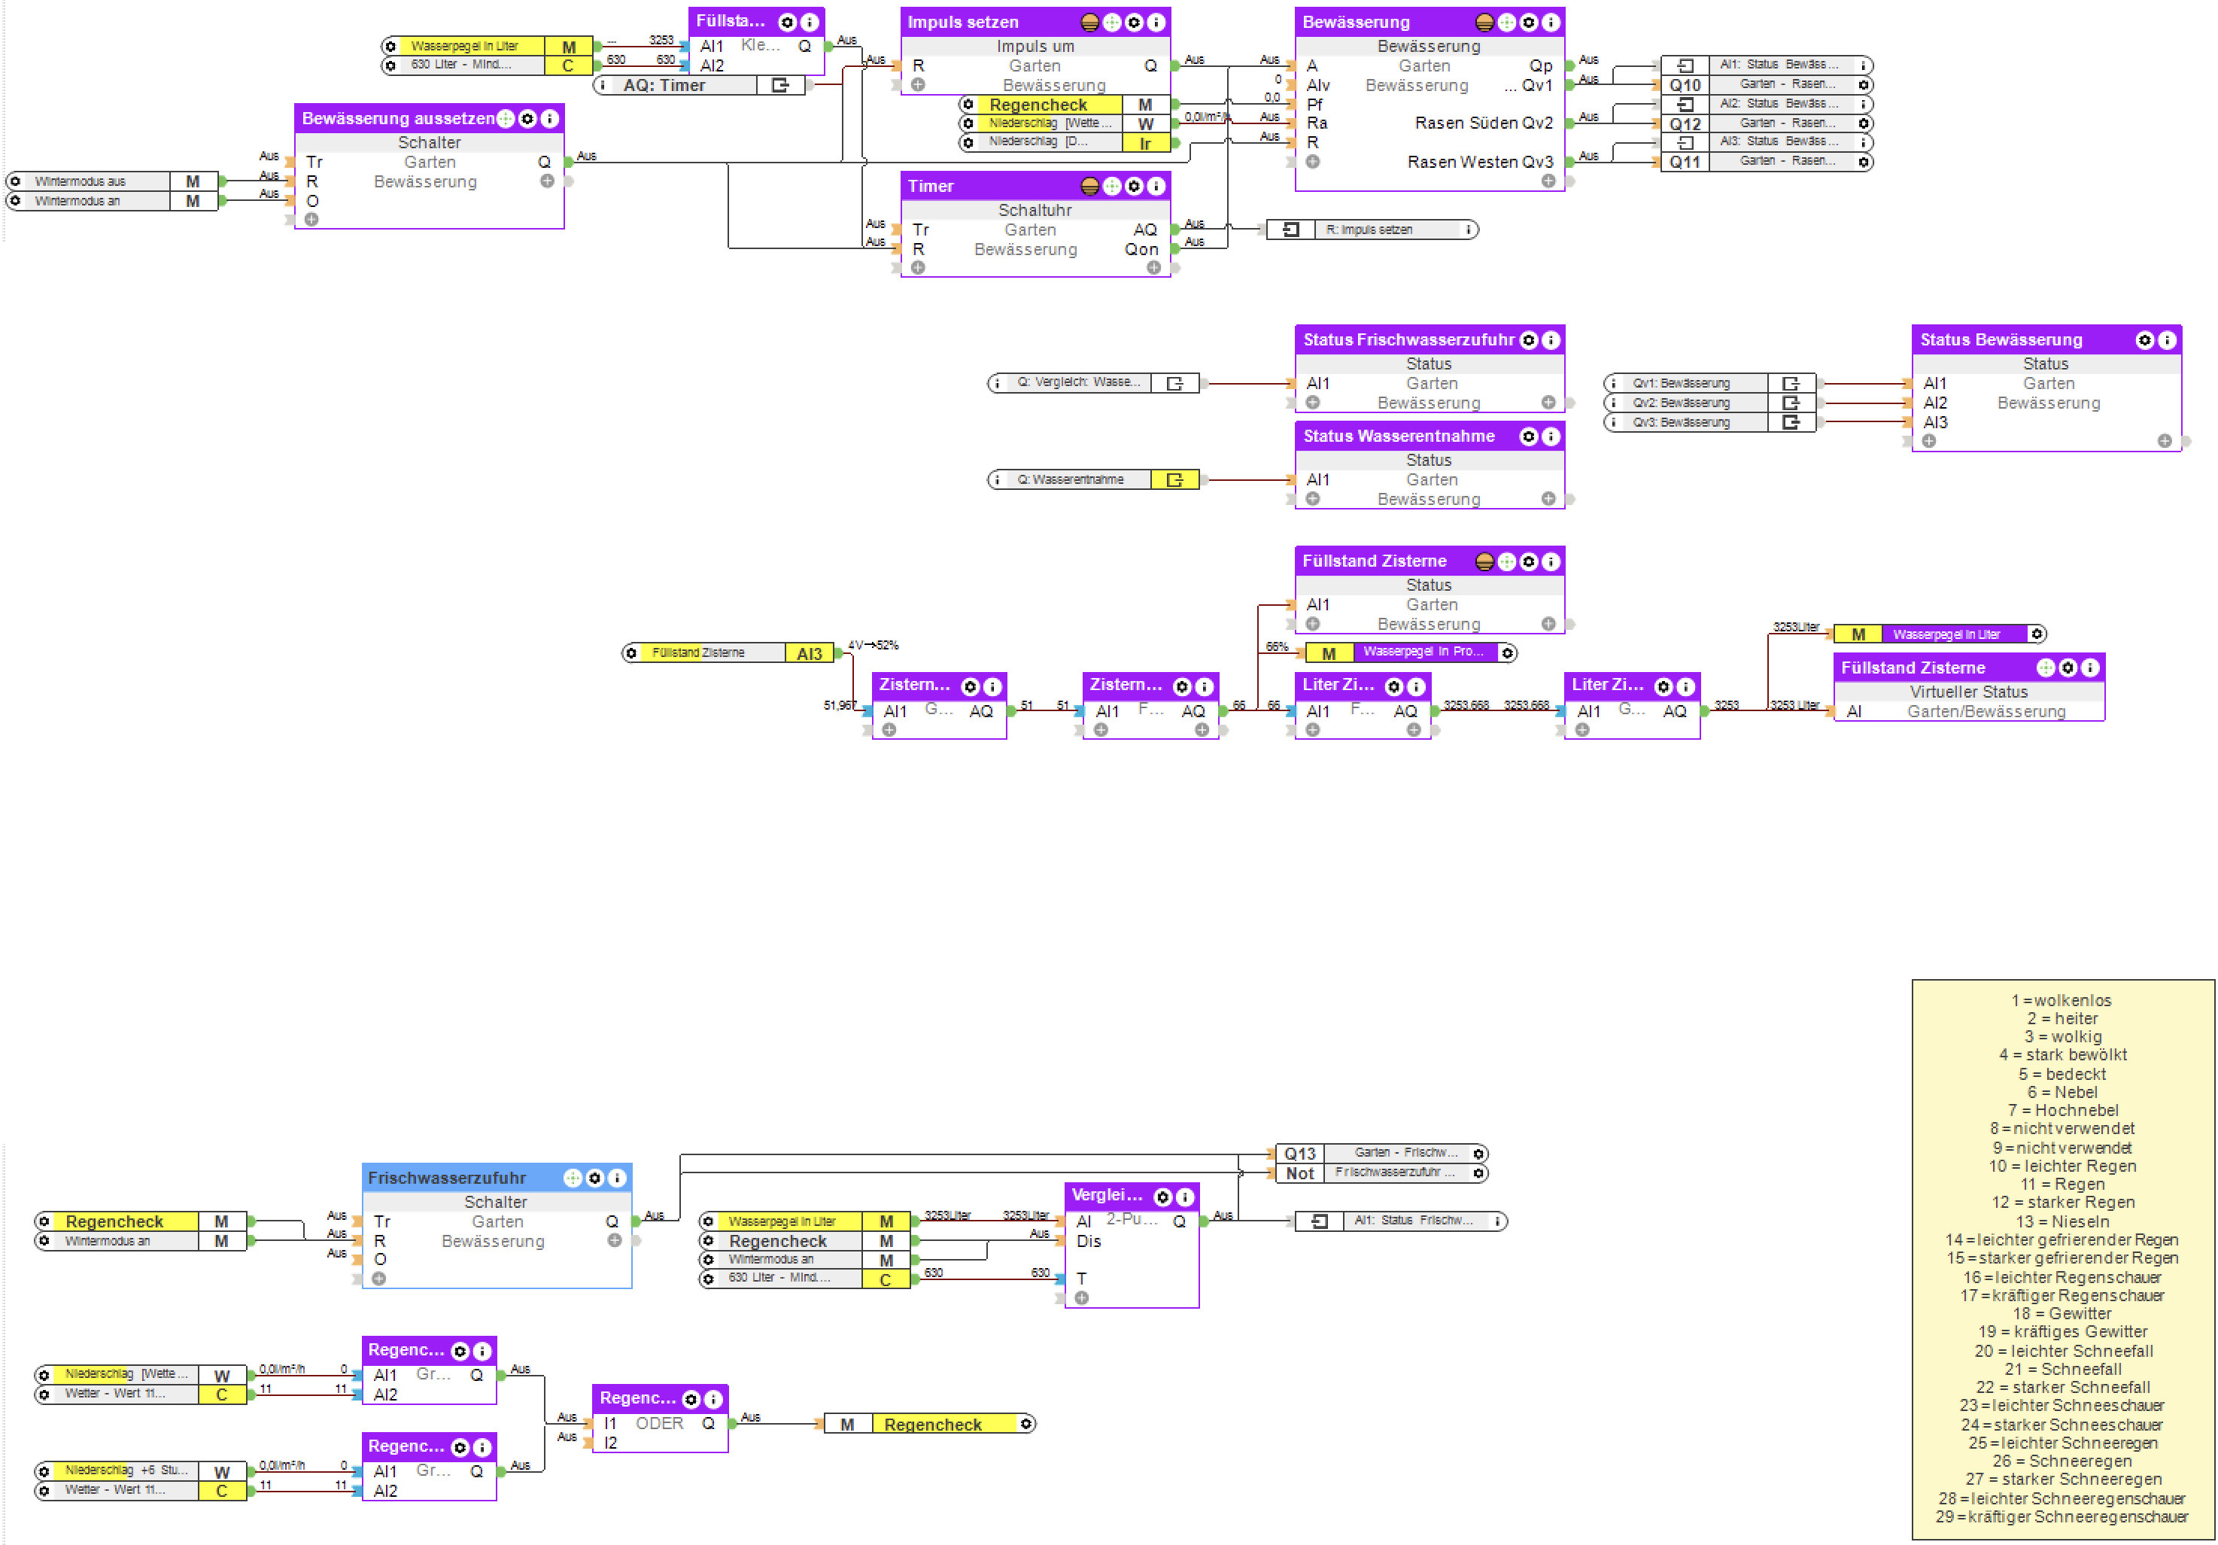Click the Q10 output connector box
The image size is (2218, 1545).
click(1685, 85)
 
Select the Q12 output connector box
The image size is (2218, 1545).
click(1685, 123)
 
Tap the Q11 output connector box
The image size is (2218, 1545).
click(1685, 163)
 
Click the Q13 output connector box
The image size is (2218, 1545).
click(1299, 1154)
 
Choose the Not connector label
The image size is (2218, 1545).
click(1299, 1173)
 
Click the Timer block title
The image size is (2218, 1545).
click(930, 187)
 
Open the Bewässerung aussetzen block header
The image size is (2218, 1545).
click(398, 119)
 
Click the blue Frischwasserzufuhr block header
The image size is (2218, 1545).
click(446, 1178)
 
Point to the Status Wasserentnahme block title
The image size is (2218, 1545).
click(1398, 436)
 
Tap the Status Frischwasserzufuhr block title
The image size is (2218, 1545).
click(1408, 340)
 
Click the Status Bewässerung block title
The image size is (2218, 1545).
click(2001, 340)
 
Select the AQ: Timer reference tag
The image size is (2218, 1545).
click(664, 85)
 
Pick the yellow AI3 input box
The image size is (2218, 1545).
click(809, 654)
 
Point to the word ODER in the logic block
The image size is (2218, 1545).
click(659, 1423)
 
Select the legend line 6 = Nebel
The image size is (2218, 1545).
click(2062, 1092)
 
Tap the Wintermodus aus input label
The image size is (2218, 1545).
click(81, 181)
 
